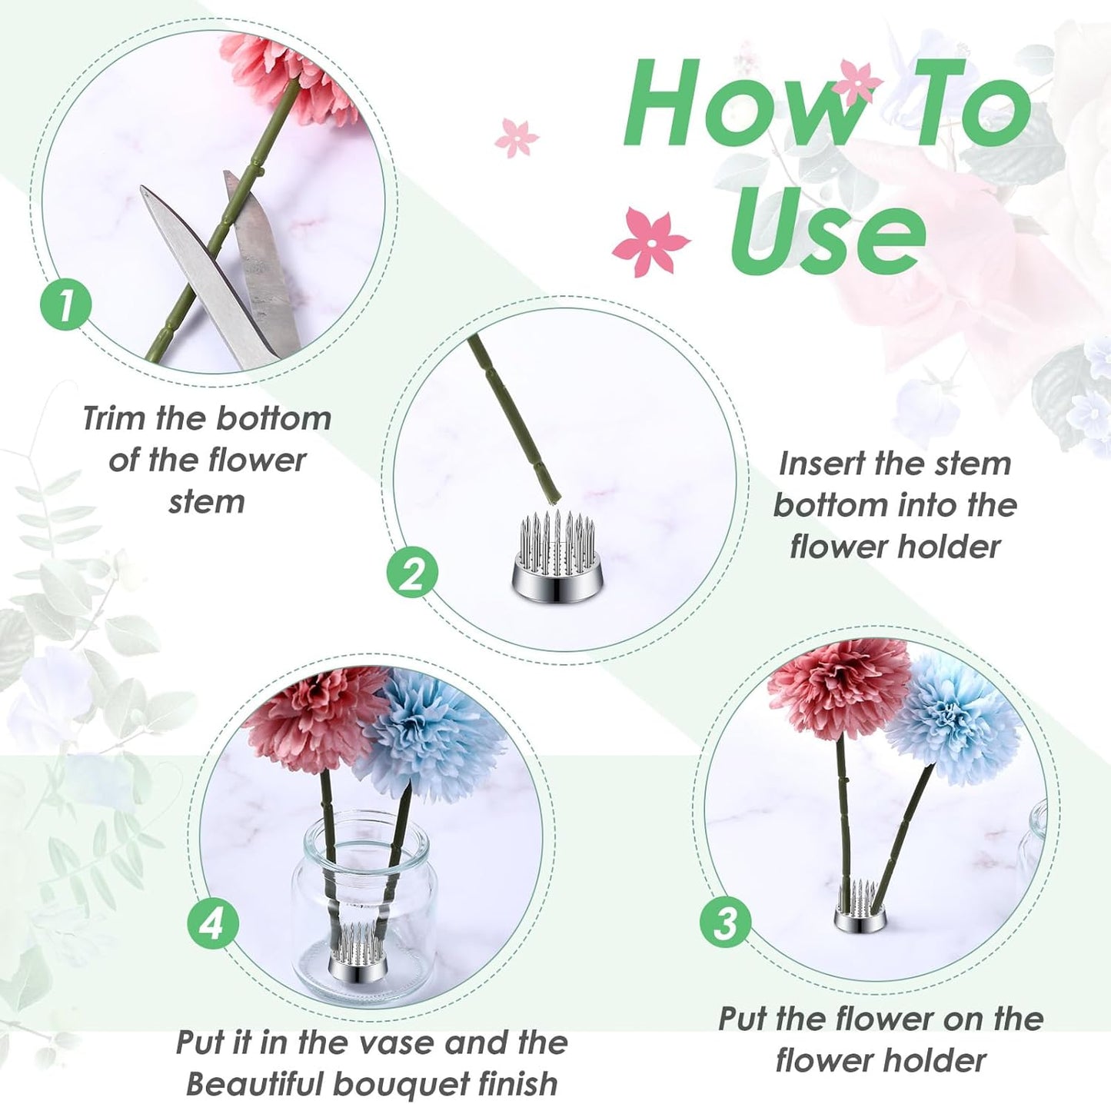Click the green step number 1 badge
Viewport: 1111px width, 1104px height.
click(66, 304)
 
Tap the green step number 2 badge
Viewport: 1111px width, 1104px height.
click(412, 574)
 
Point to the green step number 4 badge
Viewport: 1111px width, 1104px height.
click(213, 923)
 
